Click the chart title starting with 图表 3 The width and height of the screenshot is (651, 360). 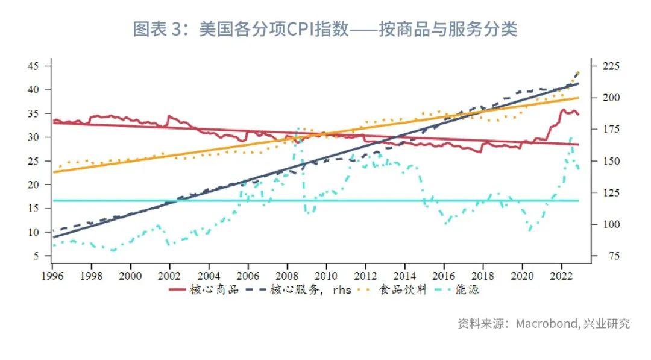(325, 29)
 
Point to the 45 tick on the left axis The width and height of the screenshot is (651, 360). (33, 66)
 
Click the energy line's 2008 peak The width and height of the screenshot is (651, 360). (298, 128)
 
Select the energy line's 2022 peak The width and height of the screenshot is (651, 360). (571, 138)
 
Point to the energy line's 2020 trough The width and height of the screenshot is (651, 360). (530, 230)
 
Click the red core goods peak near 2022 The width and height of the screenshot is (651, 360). (565, 110)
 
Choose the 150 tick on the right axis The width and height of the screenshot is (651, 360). (605, 161)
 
